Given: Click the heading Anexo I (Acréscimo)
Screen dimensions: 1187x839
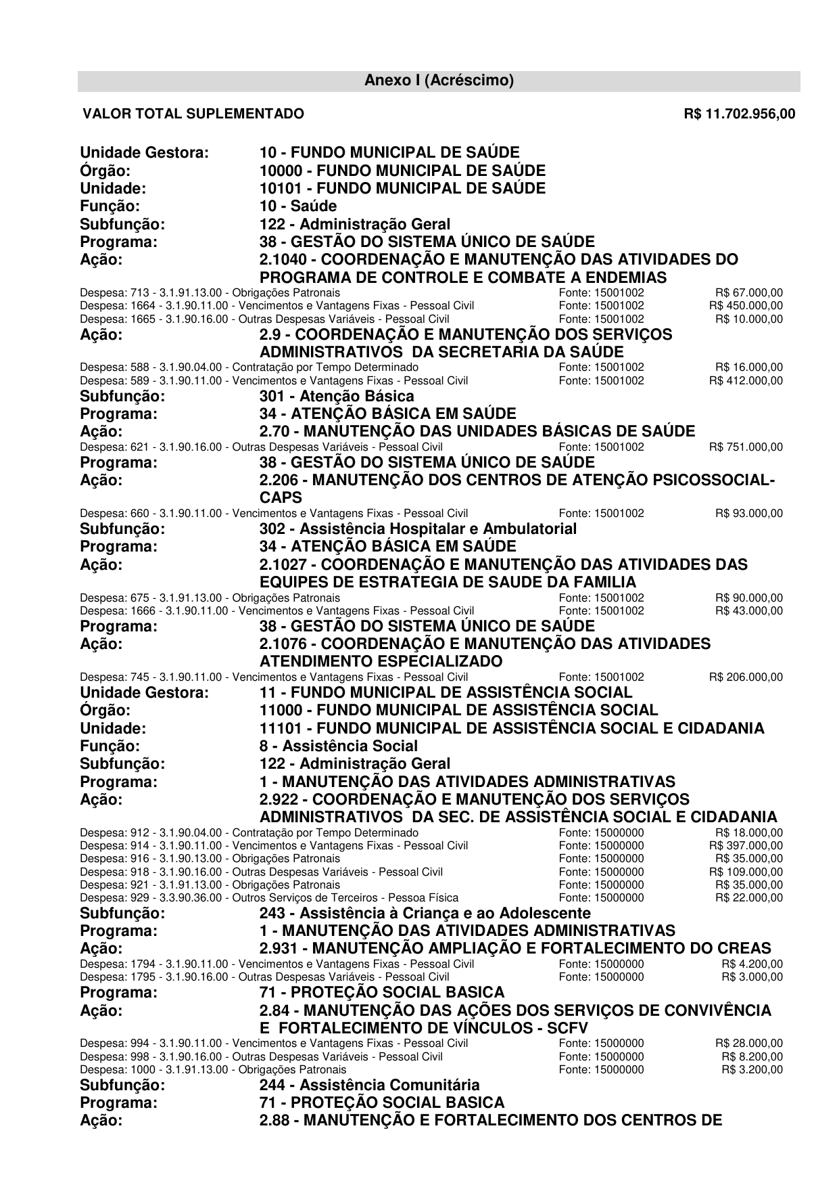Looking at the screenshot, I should (439, 81).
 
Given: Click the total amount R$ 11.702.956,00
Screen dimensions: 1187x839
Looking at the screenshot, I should (739, 114).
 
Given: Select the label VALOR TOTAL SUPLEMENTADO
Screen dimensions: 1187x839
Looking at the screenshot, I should (193, 114).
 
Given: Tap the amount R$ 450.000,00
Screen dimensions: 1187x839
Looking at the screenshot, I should (746, 306).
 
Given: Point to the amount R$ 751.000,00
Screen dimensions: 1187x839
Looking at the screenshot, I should (746, 447).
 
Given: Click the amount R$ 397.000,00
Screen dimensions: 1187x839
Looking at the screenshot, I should (746, 846).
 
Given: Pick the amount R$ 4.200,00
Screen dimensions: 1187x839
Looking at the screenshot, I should (752, 964).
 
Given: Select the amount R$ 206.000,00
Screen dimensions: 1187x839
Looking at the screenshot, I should (746, 677).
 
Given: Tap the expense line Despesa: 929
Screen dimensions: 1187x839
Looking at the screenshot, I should (268, 898).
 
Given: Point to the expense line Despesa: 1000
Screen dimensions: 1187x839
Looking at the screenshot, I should (212, 1070).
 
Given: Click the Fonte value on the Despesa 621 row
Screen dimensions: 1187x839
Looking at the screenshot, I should (601, 447).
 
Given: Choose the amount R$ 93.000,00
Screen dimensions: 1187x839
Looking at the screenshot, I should (749, 514).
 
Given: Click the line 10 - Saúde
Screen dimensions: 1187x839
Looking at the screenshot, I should (298, 206).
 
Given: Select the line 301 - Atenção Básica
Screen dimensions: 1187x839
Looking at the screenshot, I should (337, 397).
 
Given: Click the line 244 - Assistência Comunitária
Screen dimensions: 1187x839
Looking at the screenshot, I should (369, 1085).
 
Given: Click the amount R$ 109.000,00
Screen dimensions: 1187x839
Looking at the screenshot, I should (746, 872).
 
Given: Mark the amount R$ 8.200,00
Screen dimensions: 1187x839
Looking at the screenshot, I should (752, 1057).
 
